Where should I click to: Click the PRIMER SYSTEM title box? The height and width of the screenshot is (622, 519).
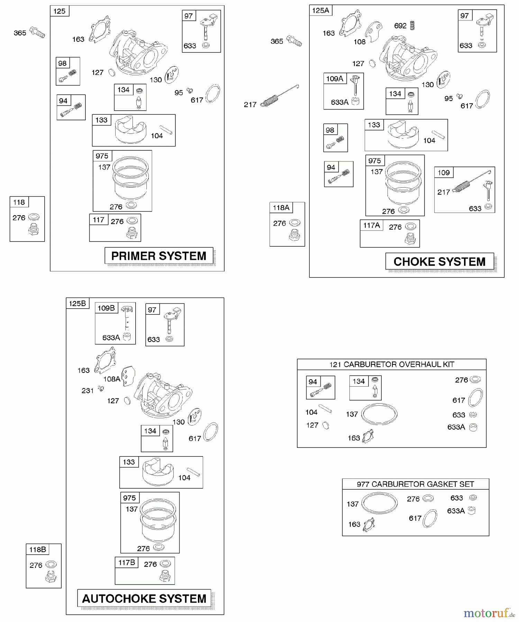pos(159,256)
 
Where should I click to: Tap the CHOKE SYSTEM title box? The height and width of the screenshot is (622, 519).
pos(439,262)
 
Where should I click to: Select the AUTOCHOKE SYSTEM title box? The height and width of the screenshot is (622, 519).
pos(144,599)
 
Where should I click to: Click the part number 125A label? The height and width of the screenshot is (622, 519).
pos(320,10)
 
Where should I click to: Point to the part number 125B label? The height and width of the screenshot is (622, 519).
pos(78,303)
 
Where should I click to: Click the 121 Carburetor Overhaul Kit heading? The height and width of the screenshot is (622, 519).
pos(391,364)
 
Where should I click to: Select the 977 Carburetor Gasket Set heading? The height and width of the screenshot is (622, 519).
pos(415,484)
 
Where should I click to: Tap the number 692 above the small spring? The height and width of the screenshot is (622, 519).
pos(400,26)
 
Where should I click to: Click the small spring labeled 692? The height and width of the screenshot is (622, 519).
pos(412,25)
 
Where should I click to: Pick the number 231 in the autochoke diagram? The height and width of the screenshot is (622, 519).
pos(88,390)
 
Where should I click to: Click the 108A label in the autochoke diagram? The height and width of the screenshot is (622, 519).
pos(112,379)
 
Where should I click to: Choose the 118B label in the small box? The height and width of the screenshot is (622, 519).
pos(38,549)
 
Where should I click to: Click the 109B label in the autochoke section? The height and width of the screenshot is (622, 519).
pos(106,308)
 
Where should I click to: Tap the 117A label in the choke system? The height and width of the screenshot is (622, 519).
pos(372,225)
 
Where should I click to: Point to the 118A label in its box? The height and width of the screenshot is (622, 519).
pos(281,207)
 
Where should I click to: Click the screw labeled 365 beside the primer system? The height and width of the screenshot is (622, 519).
pos(37,32)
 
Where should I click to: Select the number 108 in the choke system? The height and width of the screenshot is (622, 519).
pos(359,42)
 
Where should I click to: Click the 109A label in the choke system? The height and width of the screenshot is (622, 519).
pos(335,78)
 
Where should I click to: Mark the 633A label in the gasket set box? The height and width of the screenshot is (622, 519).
pos(456,511)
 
